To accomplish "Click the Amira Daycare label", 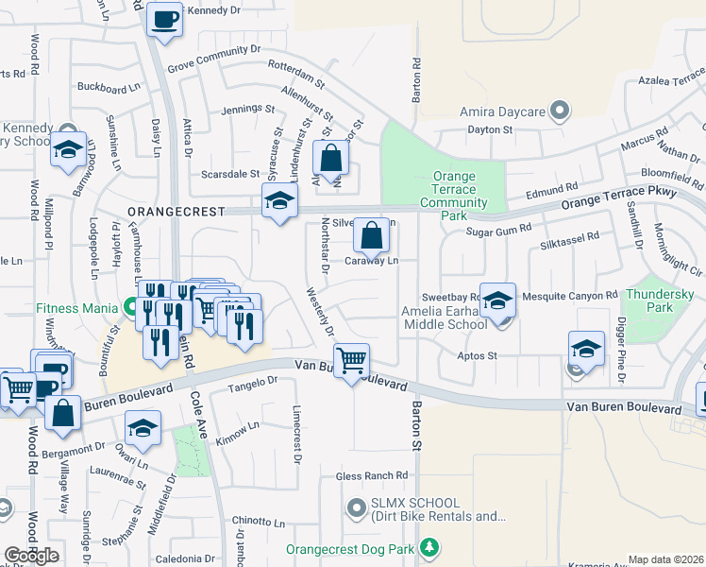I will [x=502, y=112].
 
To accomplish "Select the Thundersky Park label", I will [x=660, y=301].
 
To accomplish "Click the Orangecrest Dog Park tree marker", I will [x=429, y=547].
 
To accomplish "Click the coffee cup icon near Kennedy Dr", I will [x=164, y=18].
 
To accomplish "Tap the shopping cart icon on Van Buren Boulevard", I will [x=351, y=359].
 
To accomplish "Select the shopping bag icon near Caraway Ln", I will [x=372, y=236].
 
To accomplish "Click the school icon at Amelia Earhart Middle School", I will [x=497, y=300].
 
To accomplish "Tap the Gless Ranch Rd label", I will [x=376, y=475].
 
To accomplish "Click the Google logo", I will [x=31, y=556].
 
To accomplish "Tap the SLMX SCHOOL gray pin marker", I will [x=356, y=509].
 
